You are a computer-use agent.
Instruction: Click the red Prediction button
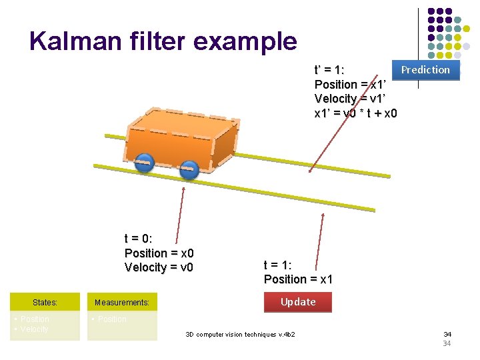point(425,70)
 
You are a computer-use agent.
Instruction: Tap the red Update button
point(298,302)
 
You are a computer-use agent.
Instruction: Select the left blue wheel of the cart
point(144,162)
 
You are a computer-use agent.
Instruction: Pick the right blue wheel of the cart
point(189,169)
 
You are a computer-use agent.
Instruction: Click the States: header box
point(45,303)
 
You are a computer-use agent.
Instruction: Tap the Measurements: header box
point(122,303)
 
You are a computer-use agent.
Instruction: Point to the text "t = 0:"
point(138,239)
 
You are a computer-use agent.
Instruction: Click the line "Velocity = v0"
point(159,267)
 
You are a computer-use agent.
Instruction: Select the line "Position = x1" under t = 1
point(298,279)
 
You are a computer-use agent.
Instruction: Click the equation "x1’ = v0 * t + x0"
point(355,113)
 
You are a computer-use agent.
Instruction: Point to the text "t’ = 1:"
point(329,70)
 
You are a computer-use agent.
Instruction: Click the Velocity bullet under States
point(33,329)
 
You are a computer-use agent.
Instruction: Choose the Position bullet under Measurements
point(111,319)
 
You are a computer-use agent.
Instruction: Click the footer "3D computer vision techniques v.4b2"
point(240,334)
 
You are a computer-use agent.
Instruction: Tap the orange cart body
point(180,137)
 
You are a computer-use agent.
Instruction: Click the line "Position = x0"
point(159,253)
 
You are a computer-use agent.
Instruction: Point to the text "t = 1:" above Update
point(278,265)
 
